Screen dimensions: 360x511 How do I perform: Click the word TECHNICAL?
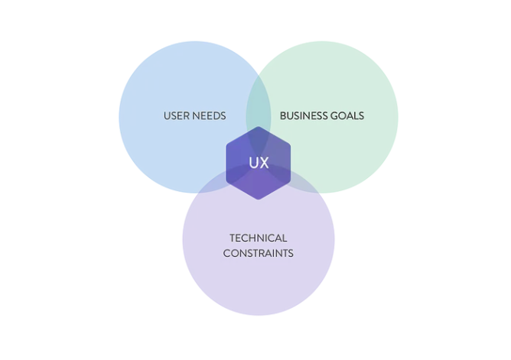coord(259,238)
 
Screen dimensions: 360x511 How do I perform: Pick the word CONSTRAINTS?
coord(259,253)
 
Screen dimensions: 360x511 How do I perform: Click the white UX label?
coord(259,163)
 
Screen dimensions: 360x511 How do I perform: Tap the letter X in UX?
coord(264,163)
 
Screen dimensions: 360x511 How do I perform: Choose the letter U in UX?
coord(253,163)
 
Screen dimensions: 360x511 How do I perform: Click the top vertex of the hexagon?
coord(259,127)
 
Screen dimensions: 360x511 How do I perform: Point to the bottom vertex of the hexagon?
coord(259,199)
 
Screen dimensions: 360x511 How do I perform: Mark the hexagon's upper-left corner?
coord(227,144)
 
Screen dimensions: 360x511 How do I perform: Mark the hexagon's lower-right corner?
coord(290,182)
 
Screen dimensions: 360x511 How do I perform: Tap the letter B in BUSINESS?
coord(283,116)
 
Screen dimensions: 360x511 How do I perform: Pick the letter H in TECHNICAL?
coord(252,238)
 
